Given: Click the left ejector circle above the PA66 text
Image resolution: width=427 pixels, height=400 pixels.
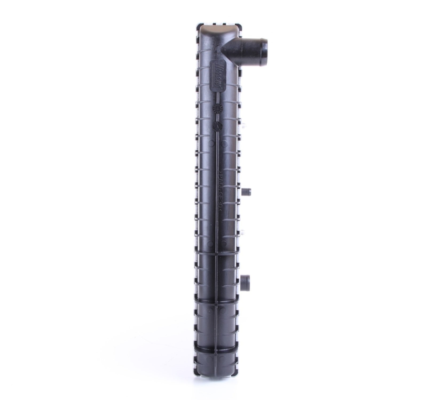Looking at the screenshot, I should coord(211,143).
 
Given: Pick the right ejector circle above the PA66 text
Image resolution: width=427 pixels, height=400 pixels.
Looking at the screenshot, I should coord(224,143).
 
